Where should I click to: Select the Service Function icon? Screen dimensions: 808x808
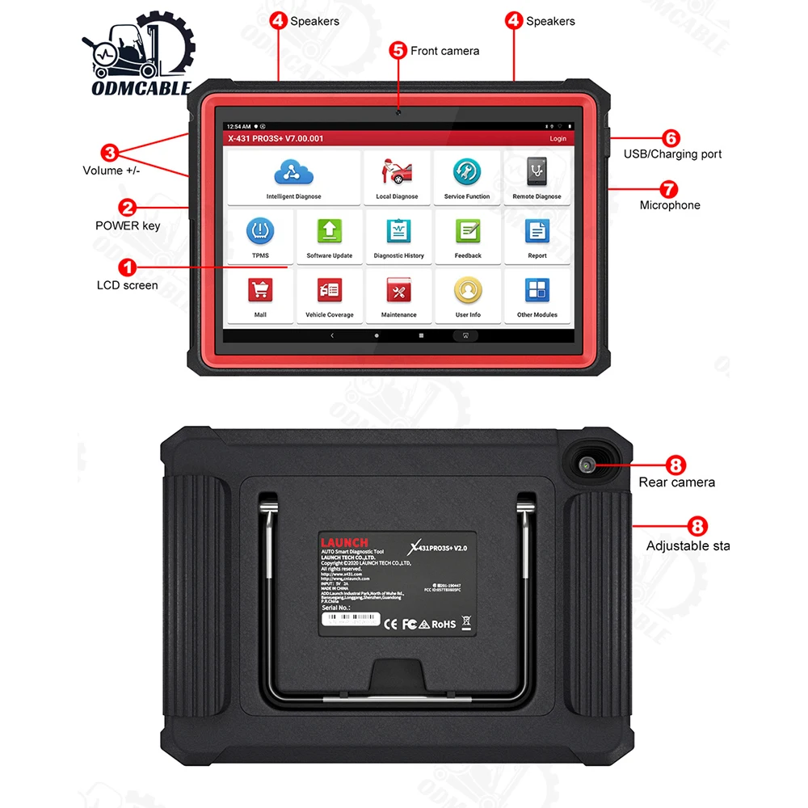click(x=466, y=172)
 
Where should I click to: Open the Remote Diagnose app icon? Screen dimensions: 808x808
click(x=537, y=172)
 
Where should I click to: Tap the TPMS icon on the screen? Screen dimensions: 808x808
click(x=260, y=232)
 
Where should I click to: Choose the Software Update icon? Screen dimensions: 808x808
click(x=329, y=232)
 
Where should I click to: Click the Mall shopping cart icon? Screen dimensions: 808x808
click(x=260, y=289)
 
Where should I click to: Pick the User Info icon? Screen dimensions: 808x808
click(x=468, y=289)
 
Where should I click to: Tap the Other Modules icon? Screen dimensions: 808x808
click(x=537, y=289)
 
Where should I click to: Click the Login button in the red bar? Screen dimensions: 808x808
click(x=558, y=138)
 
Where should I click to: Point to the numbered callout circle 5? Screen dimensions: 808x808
click(x=398, y=50)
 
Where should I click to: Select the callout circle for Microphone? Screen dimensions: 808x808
click(x=668, y=190)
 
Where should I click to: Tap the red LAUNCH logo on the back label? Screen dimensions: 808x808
click(x=344, y=542)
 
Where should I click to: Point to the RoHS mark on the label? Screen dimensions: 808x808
click(x=443, y=624)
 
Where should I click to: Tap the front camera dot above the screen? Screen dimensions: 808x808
click(x=398, y=111)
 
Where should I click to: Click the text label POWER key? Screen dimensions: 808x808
click(x=128, y=225)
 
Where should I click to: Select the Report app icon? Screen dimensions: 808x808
click(x=537, y=232)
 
